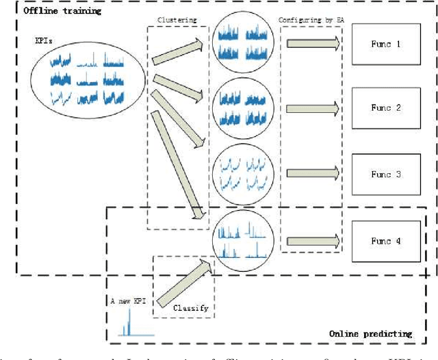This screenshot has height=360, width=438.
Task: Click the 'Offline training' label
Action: coord(53,12)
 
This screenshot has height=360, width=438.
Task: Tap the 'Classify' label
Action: coord(190,308)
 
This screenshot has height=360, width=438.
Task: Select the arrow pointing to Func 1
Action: coord(312,44)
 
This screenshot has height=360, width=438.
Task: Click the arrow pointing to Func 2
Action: coord(312,108)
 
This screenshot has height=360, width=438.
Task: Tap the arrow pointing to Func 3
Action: coord(312,175)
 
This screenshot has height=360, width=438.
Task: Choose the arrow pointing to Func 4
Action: coord(312,241)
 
